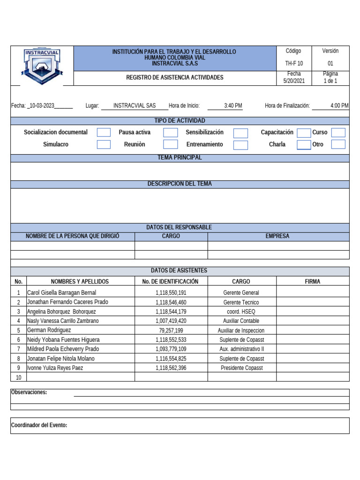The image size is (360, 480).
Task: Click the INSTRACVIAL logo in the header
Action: (42, 66)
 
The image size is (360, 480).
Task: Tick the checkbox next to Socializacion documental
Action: (104, 133)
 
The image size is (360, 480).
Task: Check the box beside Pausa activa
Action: (171, 133)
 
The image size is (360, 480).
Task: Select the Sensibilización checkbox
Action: (240, 133)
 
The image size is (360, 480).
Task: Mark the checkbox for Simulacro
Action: (104, 144)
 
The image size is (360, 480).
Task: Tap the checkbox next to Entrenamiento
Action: (240, 145)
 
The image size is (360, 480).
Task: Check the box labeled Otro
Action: (338, 144)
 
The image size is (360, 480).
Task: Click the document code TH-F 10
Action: (294, 63)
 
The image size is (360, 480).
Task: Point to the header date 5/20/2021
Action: (294, 81)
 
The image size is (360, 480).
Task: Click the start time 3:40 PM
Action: (233, 106)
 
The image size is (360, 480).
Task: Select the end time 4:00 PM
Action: (339, 106)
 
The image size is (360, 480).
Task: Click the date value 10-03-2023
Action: (42, 106)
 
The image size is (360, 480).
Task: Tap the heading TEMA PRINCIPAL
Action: (180, 157)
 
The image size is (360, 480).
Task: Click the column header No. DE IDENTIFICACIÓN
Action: (170, 282)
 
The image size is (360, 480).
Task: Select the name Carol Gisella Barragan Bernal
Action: (61, 292)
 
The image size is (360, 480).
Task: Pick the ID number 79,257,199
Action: (171, 330)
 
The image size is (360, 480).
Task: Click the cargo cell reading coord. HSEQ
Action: (241, 312)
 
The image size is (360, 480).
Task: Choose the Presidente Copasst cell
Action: (241, 368)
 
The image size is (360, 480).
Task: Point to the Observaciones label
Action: (29, 392)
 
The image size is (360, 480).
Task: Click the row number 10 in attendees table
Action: (19, 377)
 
